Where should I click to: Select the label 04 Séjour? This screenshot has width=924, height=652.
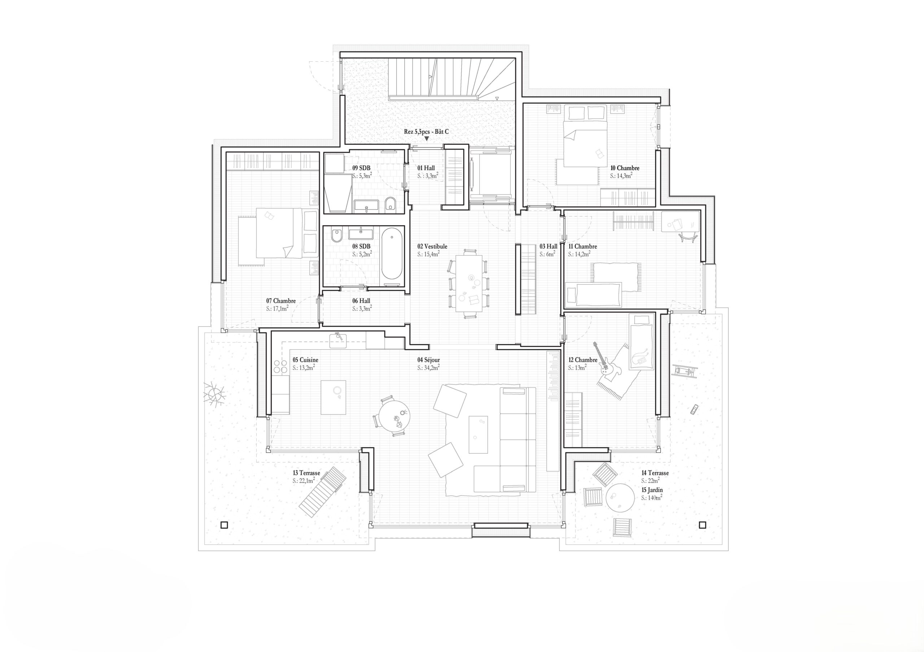pos(428,360)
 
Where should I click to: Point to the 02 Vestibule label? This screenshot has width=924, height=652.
pos(432,247)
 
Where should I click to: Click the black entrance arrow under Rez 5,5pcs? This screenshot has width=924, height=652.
pos(427,139)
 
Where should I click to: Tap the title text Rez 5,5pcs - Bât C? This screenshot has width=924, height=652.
pos(426,132)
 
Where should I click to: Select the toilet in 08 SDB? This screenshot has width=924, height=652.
pos(336,235)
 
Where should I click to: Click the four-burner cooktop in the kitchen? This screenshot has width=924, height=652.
pos(280,367)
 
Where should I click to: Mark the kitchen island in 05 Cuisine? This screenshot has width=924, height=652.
pos(333,397)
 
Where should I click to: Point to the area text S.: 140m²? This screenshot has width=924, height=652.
pos(651,498)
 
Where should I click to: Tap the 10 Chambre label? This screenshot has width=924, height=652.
pos(624,168)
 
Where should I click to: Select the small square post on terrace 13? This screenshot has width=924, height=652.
pos(224,524)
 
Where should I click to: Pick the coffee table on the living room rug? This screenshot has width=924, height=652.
pos(479,435)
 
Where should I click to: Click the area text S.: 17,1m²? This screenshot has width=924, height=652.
pos(277,309)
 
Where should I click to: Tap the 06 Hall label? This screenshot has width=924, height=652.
pos(361,301)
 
